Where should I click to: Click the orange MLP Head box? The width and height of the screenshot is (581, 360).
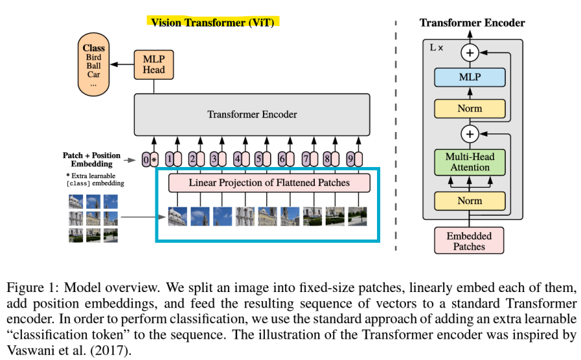coord(154,65)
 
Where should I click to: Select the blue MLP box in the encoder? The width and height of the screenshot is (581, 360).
coord(470,77)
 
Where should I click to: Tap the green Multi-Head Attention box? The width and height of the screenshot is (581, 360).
coord(470,162)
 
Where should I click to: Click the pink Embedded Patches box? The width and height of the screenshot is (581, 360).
coord(469,241)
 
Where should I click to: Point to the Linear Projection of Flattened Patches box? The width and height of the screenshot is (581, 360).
coord(269,183)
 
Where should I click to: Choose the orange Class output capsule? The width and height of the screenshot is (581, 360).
coord(93,65)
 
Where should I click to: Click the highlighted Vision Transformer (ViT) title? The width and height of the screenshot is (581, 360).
coord(212,23)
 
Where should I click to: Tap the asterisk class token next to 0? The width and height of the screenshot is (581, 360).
coord(154,160)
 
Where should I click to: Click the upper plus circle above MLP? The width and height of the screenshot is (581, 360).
coord(470,52)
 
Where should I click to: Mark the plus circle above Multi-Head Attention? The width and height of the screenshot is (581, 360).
coord(470,133)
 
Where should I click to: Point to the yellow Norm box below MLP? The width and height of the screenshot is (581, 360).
coord(470,109)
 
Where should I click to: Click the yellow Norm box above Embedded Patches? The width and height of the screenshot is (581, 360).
coord(470,201)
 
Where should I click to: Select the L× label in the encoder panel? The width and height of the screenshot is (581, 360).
coord(436,48)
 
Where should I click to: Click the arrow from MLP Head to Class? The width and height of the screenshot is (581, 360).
coord(122,65)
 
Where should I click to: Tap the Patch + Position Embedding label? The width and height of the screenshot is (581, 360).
coord(91,160)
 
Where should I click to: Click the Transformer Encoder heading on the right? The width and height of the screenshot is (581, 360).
coord(472,23)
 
